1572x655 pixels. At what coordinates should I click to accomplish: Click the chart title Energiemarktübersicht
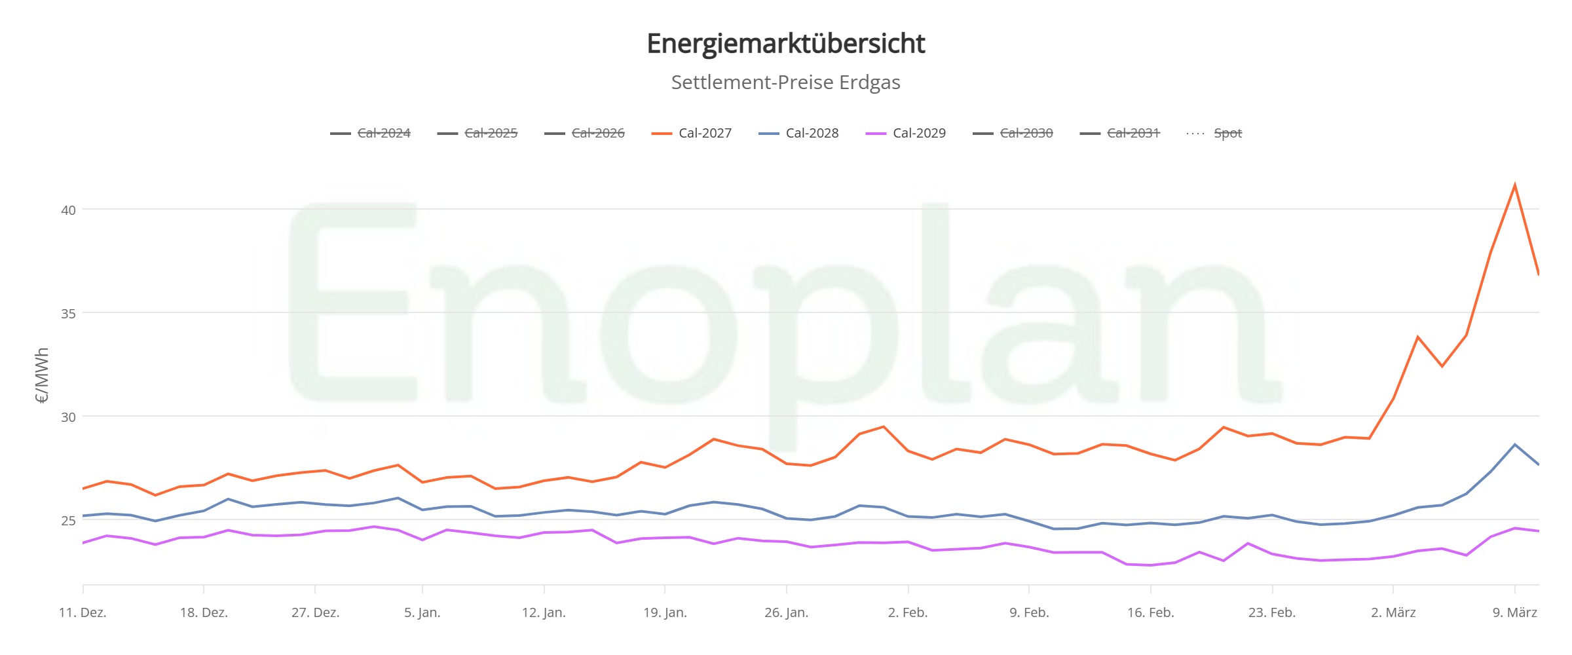[x=785, y=44]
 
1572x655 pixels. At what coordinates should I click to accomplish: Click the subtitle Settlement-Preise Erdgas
[x=785, y=83]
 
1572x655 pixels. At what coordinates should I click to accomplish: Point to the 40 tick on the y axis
[x=68, y=210]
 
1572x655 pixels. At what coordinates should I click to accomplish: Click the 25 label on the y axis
[x=68, y=521]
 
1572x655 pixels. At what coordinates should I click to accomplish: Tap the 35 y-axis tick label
[x=68, y=314]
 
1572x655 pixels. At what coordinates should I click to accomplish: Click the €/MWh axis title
[x=42, y=375]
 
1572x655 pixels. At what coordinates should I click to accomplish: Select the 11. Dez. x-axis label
[x=83, y=612]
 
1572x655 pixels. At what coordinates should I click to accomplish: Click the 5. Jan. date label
[x=422, y=612]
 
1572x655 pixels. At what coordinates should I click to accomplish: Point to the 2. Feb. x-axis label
[x=908, y=612]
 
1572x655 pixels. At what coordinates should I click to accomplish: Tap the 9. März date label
[x=1514, y=612]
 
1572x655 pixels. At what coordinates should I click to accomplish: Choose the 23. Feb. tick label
[x=1272, y=612]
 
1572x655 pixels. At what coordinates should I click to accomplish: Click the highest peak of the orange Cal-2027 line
[x=1515, y=185]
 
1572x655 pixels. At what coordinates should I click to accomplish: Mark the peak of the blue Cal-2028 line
[x=1515, y=445]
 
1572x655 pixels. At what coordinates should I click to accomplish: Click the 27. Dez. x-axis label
[x=315, y=612]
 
